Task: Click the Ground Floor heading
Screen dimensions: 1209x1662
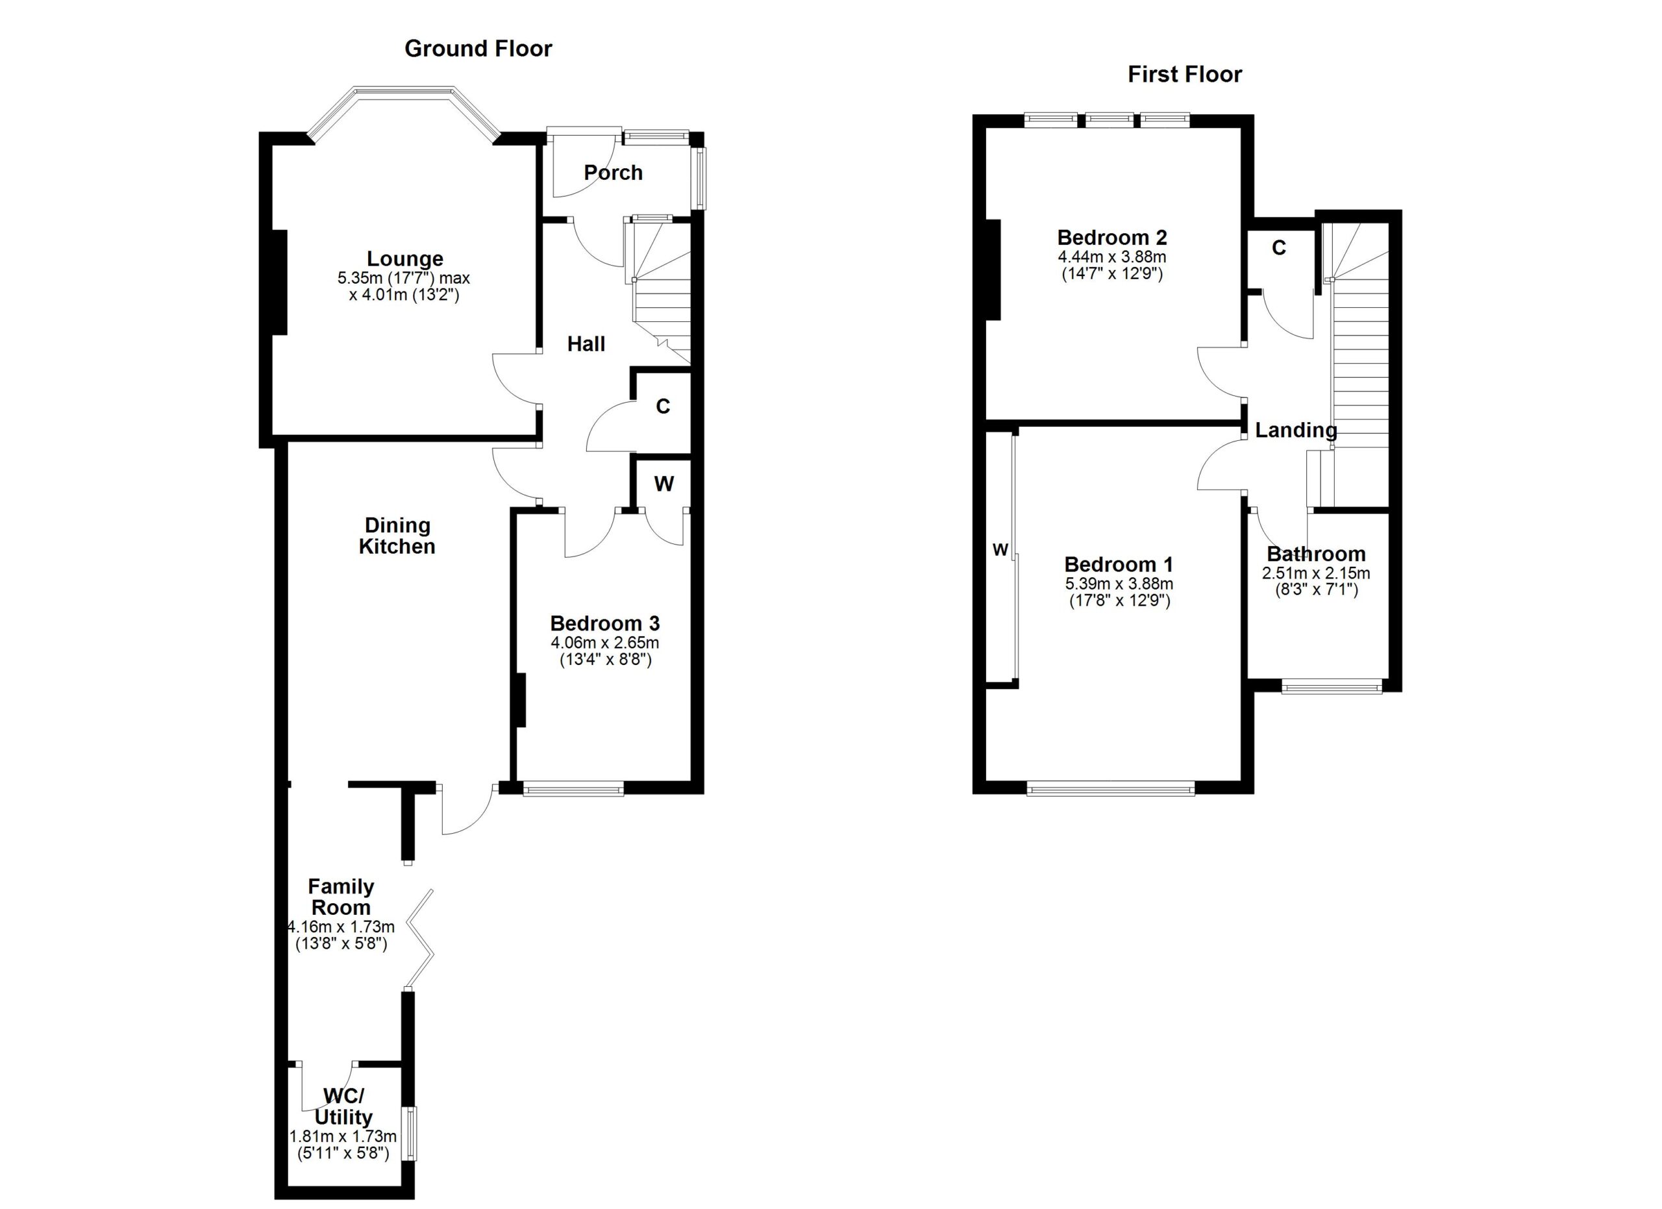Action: coord(478,49)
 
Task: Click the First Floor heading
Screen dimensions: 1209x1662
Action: coord(1184,75)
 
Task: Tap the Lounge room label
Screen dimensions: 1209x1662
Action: coord(404,258)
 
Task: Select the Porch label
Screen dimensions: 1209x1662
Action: coord(613,173)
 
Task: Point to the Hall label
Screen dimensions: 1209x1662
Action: coord(586,344)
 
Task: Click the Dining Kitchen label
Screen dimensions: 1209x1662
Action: coord(397,536)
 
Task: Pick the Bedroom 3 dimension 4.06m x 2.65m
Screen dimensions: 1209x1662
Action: coord(604,643)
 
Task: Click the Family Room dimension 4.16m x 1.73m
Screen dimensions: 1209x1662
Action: coord(341,927)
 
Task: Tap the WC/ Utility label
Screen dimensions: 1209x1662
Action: coord(343,1106)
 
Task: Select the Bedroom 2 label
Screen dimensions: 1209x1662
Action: coord(1111,238)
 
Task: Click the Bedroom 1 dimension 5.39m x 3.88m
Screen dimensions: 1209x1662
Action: coord(1118,584)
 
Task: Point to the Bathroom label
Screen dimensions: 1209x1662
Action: coord(1316,554)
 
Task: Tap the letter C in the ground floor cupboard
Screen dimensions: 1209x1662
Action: coord(662,406)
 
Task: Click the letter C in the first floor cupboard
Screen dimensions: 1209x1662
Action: coord(1279,249)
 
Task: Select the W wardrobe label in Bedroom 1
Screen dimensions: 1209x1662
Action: coord(1000,550)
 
